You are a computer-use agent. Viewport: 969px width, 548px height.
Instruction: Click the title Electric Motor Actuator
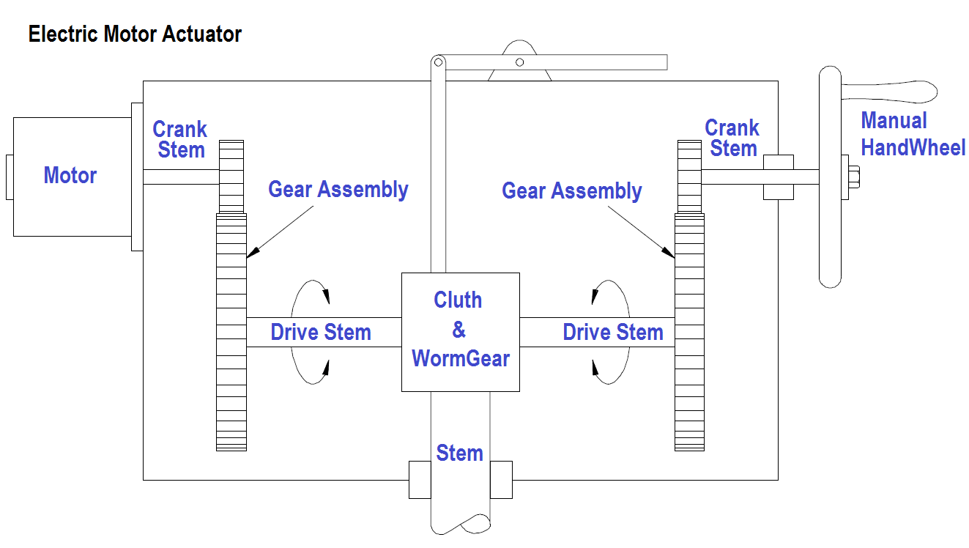click(x=135, y=34)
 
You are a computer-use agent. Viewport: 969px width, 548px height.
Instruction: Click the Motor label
click(x=70, y=175)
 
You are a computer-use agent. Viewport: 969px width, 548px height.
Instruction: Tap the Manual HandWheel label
click(x=913, y=134)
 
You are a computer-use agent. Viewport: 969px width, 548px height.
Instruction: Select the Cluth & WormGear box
click(x=460, y=331)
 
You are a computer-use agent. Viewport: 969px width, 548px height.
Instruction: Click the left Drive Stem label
click(x=321, y=332)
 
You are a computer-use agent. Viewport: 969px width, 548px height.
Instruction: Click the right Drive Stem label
click(x=612, y=332)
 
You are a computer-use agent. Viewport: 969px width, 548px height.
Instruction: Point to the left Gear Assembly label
click(x=338, y=189)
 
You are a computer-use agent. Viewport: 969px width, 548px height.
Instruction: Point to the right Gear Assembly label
click(x=571, y=191)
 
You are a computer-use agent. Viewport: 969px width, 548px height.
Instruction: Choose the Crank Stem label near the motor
click(x=180, y=140)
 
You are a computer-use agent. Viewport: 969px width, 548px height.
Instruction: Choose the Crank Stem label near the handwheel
click(x=732, y=138)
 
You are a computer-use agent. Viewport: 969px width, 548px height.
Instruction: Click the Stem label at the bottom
click(x=459, y=453)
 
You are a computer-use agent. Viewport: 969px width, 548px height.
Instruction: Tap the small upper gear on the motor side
click(x=231, y=176)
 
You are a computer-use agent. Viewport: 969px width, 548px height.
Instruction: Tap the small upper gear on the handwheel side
click(x=689, y=176)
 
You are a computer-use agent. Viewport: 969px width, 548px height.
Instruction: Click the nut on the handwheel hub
click(x=854, y=177)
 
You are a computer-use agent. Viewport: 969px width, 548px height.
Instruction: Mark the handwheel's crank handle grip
click(x=890, y=90)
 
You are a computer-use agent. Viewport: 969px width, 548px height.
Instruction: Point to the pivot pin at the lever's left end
click(x=437, y=62)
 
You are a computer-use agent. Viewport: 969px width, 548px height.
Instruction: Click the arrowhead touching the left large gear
click(x=250, y=252)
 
